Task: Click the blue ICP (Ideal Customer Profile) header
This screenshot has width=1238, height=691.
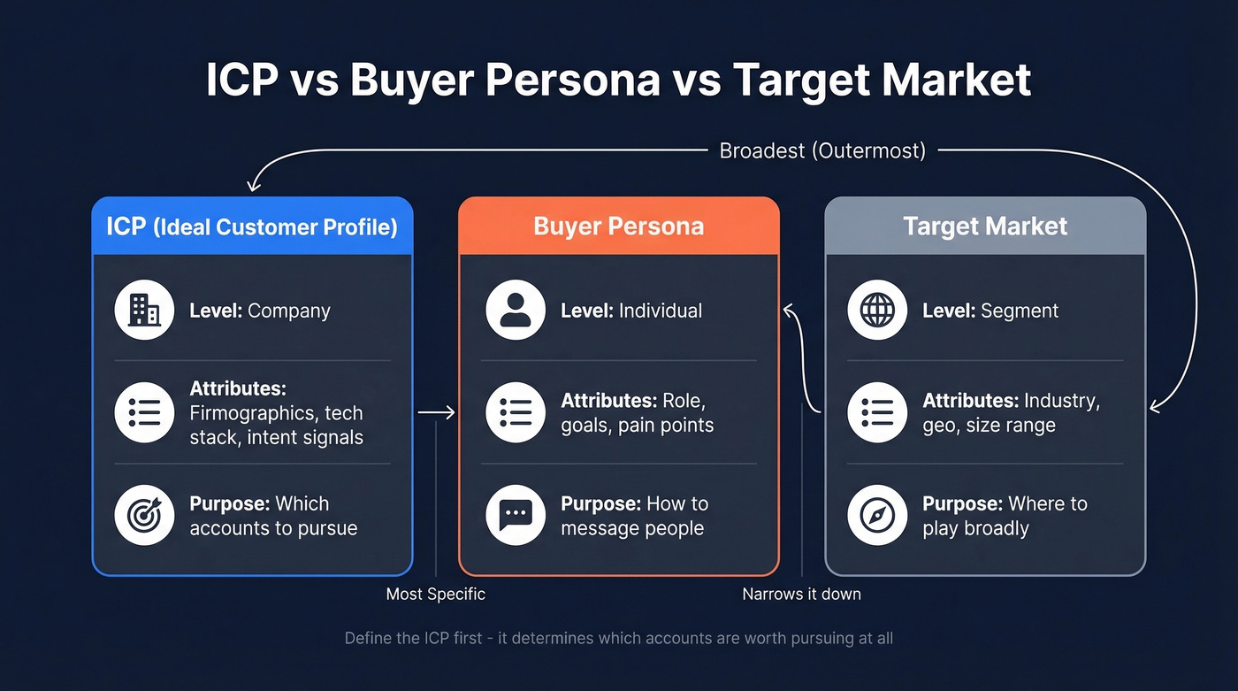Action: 252,226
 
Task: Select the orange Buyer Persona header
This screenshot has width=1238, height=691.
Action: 618,226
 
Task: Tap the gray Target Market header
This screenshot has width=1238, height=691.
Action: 984,226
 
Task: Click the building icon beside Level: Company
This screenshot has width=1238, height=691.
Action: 144,311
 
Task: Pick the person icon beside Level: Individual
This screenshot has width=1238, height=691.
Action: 516,311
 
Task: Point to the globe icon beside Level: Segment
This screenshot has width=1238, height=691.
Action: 877,311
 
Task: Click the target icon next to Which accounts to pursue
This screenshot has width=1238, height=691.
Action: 144,516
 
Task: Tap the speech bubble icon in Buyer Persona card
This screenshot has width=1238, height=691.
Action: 516,516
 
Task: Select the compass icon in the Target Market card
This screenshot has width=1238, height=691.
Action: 877,516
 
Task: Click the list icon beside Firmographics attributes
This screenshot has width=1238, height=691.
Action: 144,412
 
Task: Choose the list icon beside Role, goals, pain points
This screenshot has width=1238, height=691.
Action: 516,412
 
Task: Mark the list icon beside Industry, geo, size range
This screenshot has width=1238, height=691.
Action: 877,412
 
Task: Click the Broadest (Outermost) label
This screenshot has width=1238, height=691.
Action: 822,151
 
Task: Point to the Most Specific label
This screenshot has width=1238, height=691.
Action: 436,594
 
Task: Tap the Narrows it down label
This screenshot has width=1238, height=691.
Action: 801,594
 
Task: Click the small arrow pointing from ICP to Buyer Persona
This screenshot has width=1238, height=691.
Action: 436,412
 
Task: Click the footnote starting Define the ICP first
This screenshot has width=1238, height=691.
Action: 618,638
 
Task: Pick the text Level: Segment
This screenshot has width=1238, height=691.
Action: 990,311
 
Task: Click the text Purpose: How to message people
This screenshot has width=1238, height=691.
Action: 634,516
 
